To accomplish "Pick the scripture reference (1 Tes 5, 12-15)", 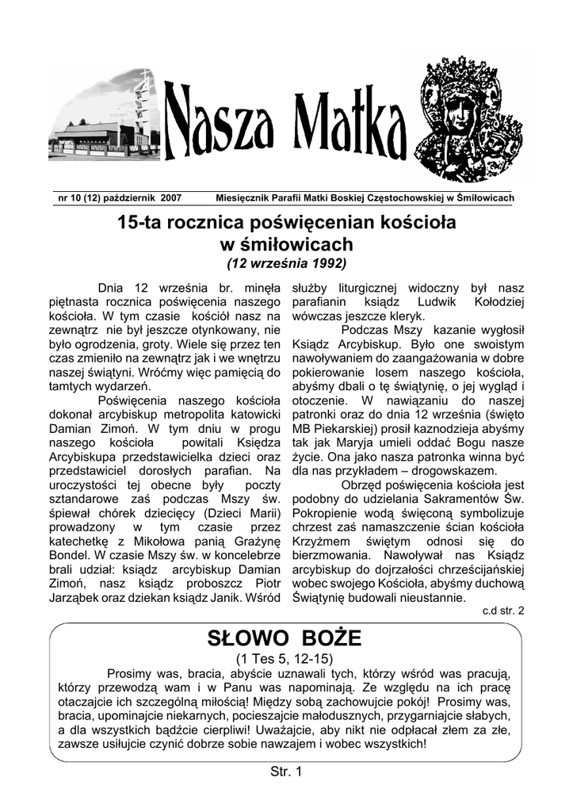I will (x=286, y=659).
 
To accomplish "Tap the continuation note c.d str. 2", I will (x=502, y=611).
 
